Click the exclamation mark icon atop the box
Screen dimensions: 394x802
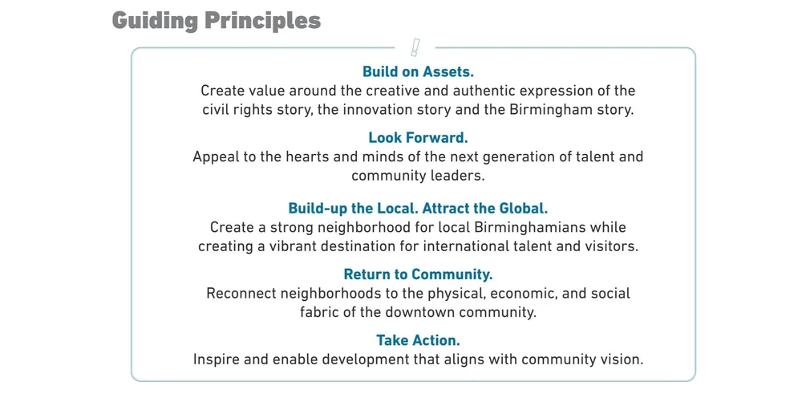point(415,47)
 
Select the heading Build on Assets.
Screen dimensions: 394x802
point(418,72)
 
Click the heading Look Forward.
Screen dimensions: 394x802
point(418,138)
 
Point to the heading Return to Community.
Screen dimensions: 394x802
point(418,275)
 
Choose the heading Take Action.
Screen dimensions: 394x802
point(418,341)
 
